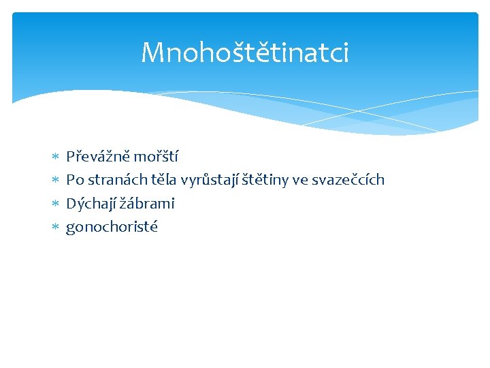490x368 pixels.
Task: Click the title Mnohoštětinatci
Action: point(244,52)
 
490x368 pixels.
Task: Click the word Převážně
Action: point(98,157)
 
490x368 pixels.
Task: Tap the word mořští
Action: point(156,157)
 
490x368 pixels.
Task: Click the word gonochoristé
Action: point(112,227)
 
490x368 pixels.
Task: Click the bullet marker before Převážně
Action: point(55,157)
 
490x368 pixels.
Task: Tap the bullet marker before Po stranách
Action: point(55,181)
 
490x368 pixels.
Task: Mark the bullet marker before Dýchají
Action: point(55,204)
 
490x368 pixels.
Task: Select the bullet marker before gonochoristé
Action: point(55,227)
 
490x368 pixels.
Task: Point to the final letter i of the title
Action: point(345,52)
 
